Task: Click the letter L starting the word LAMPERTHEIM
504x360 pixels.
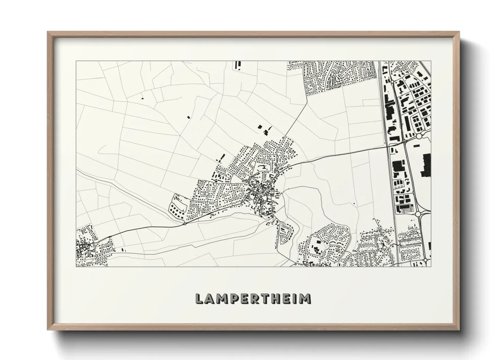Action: point(199,299)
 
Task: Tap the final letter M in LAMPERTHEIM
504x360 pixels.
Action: point(305,299)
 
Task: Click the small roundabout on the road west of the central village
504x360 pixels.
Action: point(185,224)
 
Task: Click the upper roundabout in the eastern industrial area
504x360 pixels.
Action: point(419,136)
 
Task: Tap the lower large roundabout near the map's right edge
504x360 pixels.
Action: point(419,214)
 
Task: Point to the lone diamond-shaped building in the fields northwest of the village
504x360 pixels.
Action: point(189,117)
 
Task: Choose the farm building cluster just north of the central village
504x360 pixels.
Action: point(264,129)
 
